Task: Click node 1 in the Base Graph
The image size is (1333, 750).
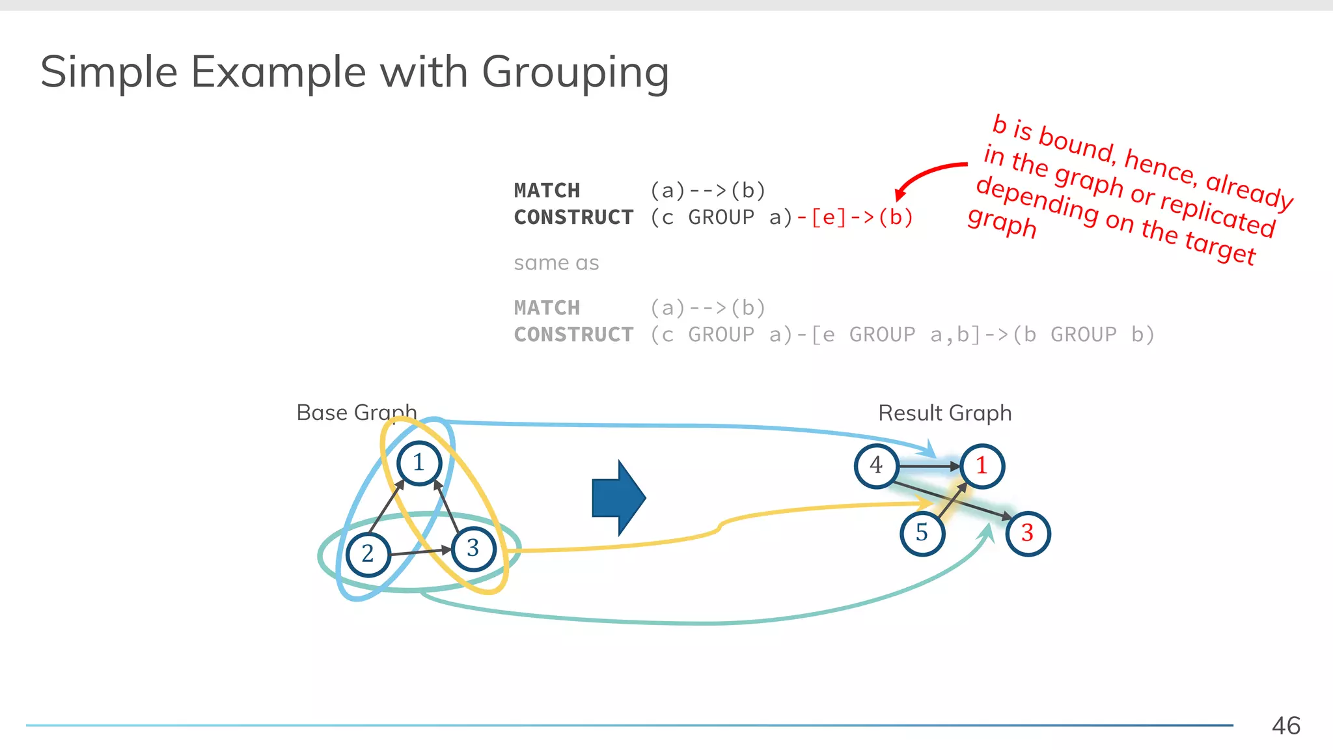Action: coord(419,463)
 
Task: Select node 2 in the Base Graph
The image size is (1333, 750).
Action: coord(368,554)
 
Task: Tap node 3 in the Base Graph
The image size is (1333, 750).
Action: coord(473,549)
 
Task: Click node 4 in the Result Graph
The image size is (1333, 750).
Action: coord(876,465)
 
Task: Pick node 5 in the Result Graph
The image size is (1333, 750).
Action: coord(922,533)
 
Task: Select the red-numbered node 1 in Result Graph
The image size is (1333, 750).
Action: coord(982,466)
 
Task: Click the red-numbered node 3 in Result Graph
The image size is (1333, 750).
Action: coord(1028,533)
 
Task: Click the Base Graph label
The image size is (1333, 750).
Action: coord(356,413)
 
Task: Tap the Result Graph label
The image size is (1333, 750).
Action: coord(944,413)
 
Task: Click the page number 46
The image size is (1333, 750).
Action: coord(1285,726)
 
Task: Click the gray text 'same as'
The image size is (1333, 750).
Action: coord(556,263)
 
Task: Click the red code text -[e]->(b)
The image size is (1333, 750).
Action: coord(855,217)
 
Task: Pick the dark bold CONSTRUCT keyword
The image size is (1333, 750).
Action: coord(573,217)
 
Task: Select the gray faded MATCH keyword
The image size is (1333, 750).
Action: coord(546,308)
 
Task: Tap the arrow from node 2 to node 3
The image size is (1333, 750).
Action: coord(420,552)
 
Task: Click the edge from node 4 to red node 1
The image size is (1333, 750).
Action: coord(928,466)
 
